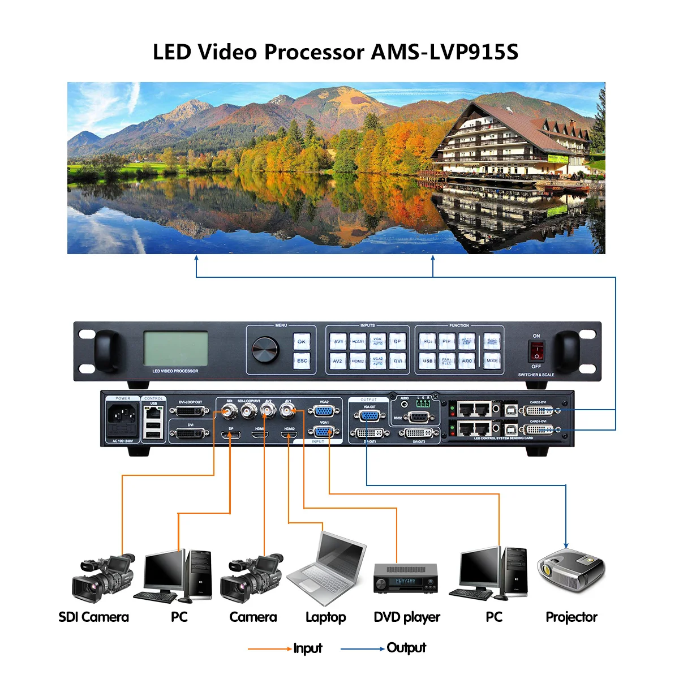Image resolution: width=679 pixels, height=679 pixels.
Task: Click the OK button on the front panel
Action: [302, 341]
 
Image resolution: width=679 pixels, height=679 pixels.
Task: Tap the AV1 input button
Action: [338, 341]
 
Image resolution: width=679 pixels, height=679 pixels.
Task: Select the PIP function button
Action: [447, 341]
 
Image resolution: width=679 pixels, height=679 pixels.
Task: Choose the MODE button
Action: [492, 360]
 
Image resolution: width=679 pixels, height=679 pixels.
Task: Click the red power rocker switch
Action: [536, 351]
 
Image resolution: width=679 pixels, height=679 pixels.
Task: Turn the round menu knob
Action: [265, 350]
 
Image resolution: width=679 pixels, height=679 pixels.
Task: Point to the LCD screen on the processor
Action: [175, 348]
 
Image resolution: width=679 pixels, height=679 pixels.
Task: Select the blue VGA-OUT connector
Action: [369, 417]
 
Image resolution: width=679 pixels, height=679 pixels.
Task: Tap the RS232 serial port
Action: [418, 418]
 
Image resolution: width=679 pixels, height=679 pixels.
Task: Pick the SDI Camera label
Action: [93, 617]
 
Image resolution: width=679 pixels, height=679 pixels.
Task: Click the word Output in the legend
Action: [406, 648]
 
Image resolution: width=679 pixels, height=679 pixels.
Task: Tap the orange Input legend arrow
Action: [269, 648]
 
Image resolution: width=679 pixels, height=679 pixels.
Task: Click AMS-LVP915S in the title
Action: [444, 52]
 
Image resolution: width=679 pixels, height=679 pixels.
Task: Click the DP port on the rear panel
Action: [231, 435]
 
